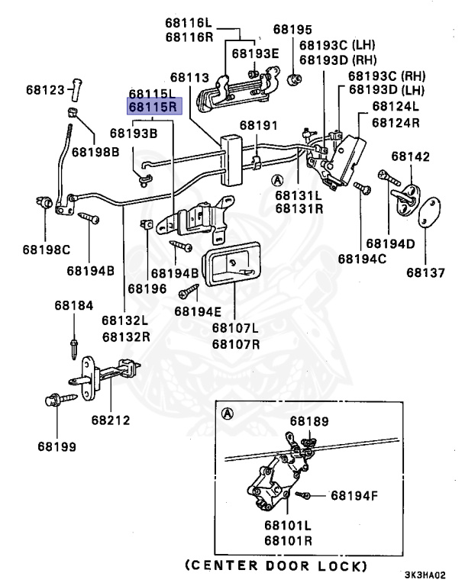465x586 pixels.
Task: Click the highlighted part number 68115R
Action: point(153,106)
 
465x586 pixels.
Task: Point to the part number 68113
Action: point(189,77)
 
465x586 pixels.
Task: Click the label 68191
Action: point(259,125)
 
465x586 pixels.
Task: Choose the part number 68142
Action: point(411,156)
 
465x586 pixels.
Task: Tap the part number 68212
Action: point(111,420)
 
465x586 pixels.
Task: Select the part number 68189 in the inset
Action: point(308,420)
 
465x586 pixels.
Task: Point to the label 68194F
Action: point(354,495)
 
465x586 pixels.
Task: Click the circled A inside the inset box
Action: point(226,414)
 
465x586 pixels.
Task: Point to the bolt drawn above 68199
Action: point(58,398)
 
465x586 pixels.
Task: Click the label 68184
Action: point(73,306)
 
